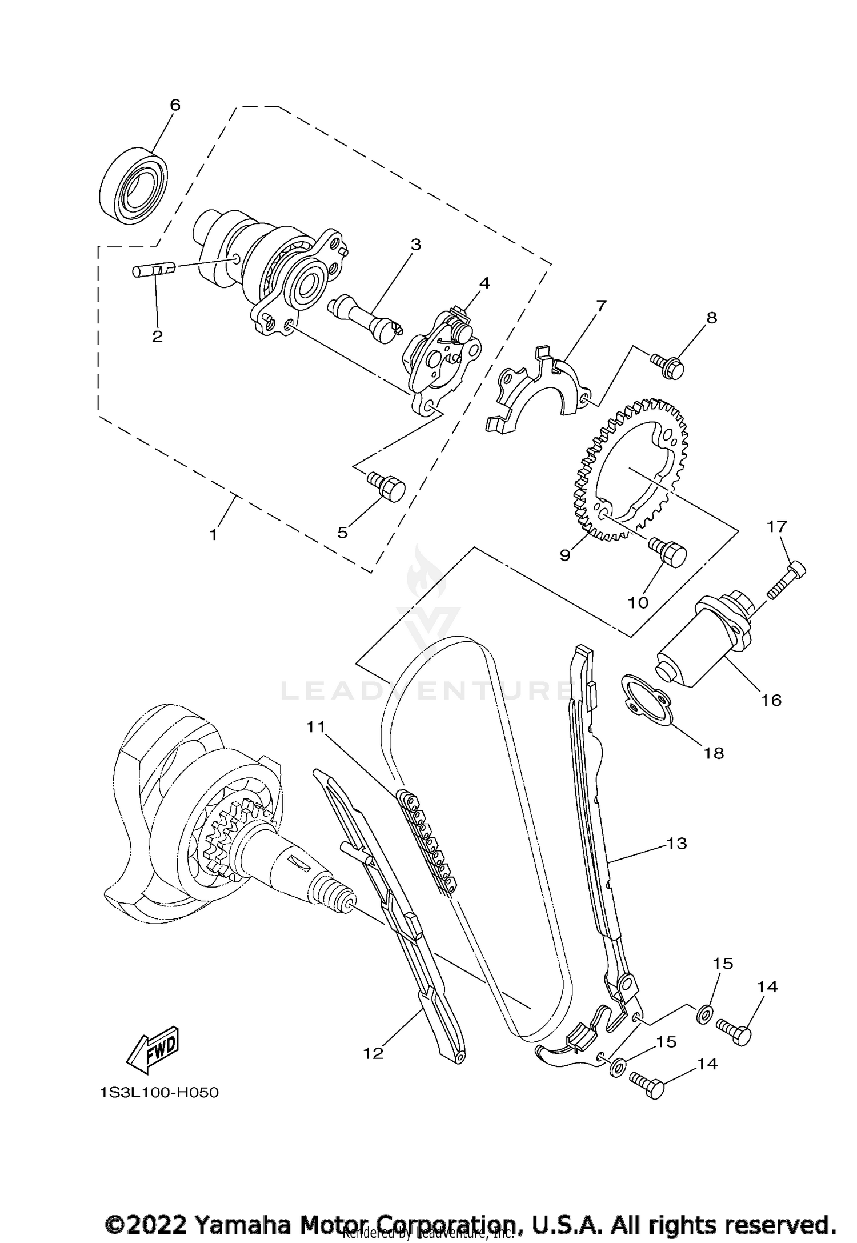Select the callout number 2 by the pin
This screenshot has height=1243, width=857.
(157, 336)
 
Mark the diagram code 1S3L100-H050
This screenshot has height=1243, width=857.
(159, 1093)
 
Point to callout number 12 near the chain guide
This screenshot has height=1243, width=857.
(373, 1053)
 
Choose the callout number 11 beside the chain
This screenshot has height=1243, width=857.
(315, 727)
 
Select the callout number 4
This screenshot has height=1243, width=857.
(484, 283)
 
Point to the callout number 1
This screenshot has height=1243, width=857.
(213, 535)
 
